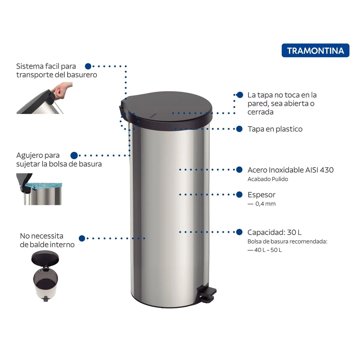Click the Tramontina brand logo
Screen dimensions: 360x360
315,50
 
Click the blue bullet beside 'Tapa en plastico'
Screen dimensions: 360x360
239,129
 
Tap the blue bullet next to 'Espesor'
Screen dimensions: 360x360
239,194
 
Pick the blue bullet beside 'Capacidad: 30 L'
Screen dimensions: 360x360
239,232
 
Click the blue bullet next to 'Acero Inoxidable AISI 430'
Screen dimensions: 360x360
239,169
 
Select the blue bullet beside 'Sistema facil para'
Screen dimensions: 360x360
88,66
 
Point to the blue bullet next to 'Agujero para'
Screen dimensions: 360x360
74,155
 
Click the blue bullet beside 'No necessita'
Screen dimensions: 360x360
82,238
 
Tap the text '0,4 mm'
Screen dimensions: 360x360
265,204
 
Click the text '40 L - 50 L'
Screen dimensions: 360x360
268,250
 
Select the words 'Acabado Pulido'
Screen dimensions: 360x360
268,179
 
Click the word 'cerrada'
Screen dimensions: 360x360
260,112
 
